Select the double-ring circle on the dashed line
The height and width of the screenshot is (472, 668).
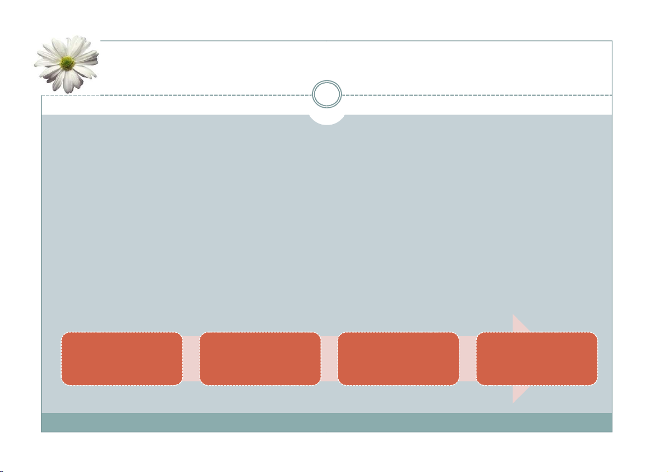327,95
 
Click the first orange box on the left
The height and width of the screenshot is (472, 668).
122,359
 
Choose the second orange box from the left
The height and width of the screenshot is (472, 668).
260,359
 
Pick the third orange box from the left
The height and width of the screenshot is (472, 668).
398,359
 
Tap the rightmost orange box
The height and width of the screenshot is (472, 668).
537,359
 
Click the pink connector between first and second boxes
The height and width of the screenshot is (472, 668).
191,359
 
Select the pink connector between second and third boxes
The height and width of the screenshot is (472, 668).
329,359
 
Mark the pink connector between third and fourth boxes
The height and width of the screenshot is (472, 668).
467,359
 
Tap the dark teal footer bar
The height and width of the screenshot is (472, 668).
327,423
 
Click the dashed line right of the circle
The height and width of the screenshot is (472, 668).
477,95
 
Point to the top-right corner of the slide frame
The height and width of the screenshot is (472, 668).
611,41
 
